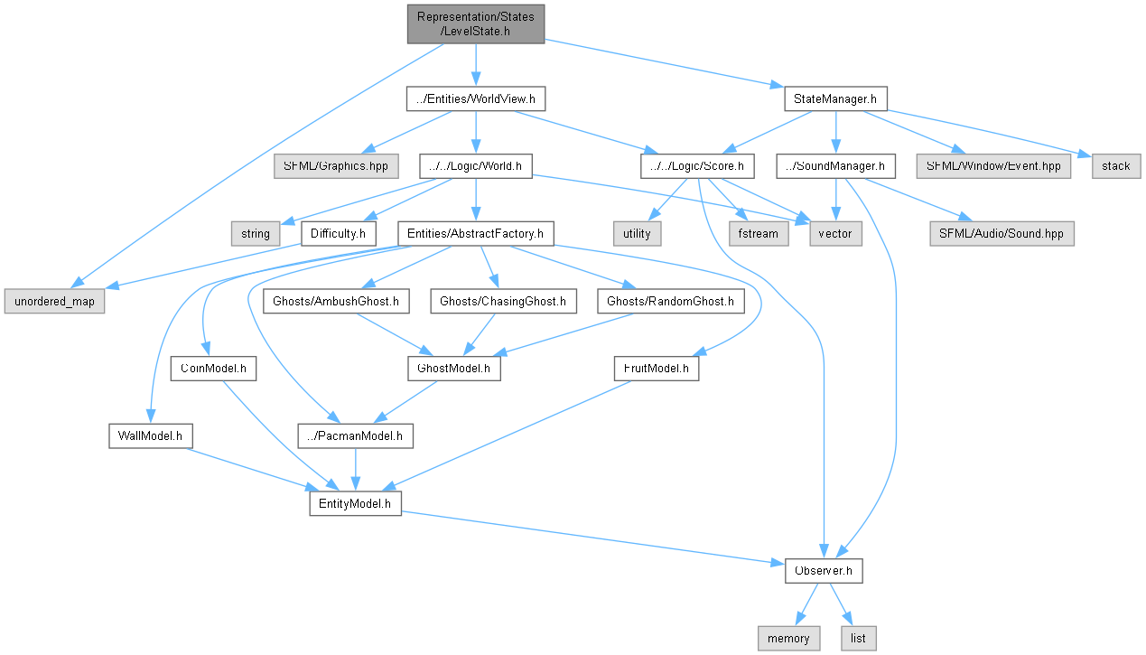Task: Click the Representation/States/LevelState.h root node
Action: [475, 23]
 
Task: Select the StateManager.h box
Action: [835, 98]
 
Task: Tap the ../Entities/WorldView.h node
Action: [476, 98]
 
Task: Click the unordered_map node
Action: [53, 301]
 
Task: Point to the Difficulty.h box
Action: [338, 233]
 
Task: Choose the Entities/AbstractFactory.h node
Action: [476, 233]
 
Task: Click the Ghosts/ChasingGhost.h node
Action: [503, 301]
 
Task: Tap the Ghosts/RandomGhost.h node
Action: [671, 301]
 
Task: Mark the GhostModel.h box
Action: [453, 369]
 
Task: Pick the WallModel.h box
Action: [150, 435]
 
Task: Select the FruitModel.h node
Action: [656, 369]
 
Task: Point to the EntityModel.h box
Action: [355, 503]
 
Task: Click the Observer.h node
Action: [824, 571]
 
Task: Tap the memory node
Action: [789, 638]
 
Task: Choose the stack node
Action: [1116, 165]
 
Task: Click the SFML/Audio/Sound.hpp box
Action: [1002, 233]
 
